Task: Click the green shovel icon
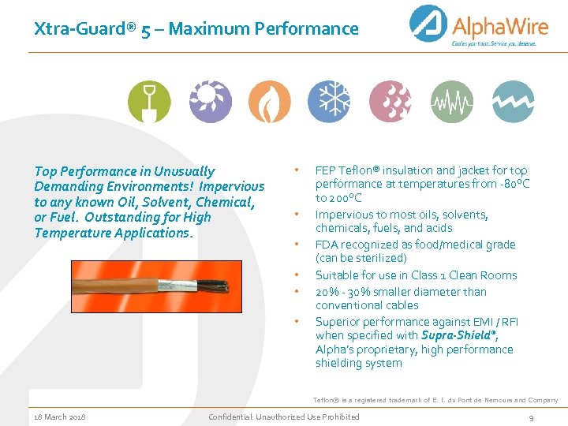coord(148,102)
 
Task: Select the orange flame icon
coord(269,102)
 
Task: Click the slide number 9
coord(532,417)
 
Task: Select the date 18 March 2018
coord(60,417)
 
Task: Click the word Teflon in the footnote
coord(327,401)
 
